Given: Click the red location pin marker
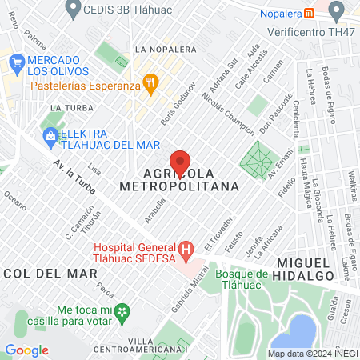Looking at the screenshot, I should pyautogui.click(x=181, y=162).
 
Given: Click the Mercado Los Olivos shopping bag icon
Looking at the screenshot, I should pyautogui.click(x=15, y=61).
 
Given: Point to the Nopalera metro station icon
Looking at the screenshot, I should pyautogui.click(x=316, y=11).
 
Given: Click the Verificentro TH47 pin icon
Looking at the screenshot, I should pyautogui.click(x=336, y=10).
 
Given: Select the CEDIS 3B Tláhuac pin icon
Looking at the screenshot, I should pyautogui.click(x=74, y=9).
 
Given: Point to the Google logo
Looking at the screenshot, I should pyautogui.click(x=26, y=350).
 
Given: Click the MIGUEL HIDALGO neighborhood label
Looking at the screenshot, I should pyautogui.click(x=313, y=269).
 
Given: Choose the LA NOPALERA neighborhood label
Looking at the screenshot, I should pyautogui.click(x=166, y=48).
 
